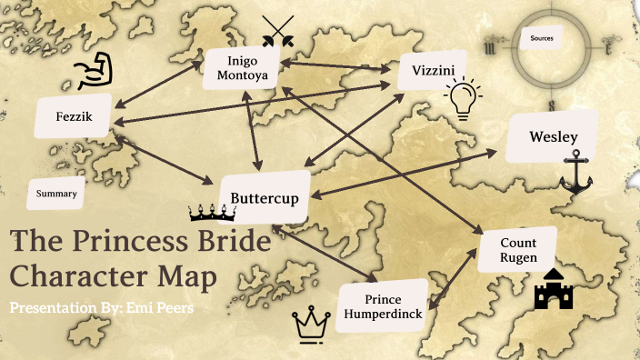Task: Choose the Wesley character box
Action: click(554, 136)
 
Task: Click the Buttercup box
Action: click(265, 196)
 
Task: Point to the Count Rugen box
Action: click(518, 250)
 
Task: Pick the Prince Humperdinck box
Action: click(383, 306)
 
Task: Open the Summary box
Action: click(55, 193)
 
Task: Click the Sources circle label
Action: click(546, 38)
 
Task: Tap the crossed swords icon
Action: click(277, 30)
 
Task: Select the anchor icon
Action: click(575, 173)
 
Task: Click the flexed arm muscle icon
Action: click(95, 71)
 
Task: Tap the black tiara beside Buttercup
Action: click(212, 214)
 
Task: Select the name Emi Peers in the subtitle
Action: click(163, 307)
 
